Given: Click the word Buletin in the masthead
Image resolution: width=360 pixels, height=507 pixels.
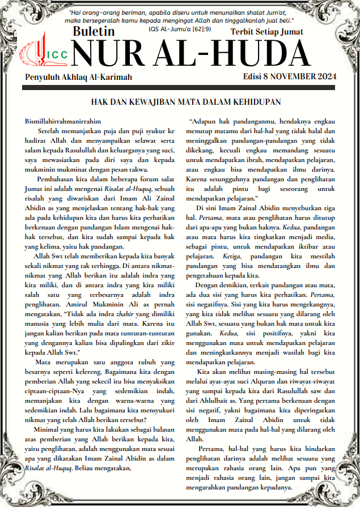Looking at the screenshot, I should [x=94, y=32].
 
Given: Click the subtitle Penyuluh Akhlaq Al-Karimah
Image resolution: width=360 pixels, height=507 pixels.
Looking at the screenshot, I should [x=78, y=77].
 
